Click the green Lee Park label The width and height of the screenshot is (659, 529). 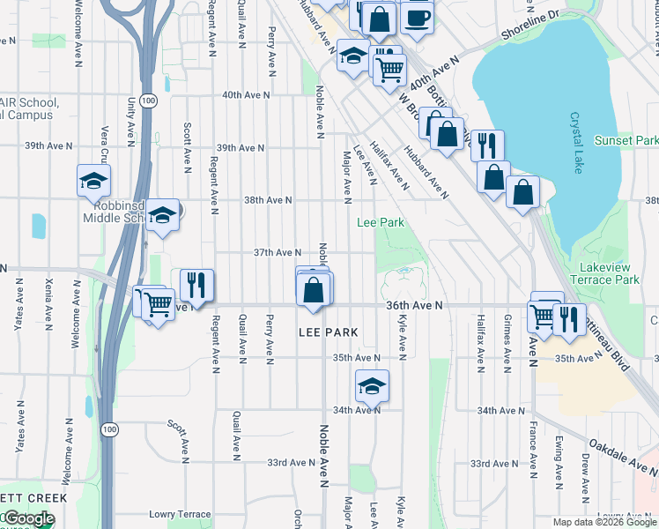point(380,223)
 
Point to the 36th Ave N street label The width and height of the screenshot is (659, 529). point(413,305)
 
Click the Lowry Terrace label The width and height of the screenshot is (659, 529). point(180,514)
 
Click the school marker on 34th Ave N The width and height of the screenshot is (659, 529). point(372,384)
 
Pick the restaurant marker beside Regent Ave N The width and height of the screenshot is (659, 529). point(197,285)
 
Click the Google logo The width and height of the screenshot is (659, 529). point(28,518)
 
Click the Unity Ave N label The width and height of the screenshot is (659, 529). point(130,117)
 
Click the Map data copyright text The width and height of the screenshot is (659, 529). point(603,522)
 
